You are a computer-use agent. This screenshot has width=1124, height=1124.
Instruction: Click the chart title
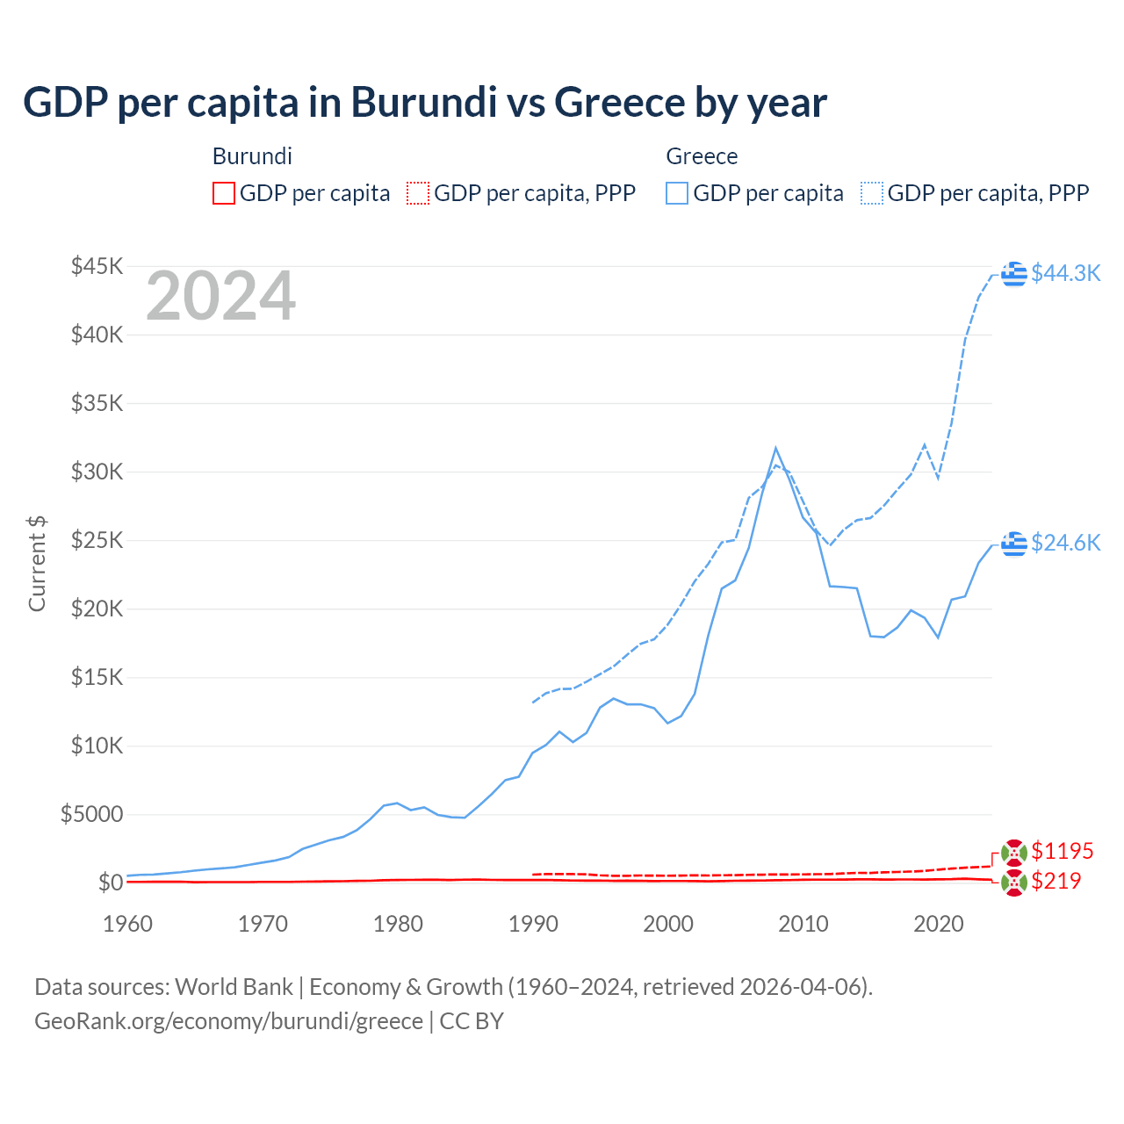point(424,103)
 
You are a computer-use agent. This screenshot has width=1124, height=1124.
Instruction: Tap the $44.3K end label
point(1065,273)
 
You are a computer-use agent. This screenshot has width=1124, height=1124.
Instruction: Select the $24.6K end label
point(1065,543)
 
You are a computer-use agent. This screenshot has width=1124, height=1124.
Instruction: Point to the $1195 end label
point(1062,851)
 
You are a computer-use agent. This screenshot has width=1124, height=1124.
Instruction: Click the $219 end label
point(1056,881)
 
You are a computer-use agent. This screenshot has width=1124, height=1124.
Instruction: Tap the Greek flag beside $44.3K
point(1014,274)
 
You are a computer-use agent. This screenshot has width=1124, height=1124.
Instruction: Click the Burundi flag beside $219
point(1014,883)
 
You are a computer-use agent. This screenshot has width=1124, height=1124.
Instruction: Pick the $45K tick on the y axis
point(97,266)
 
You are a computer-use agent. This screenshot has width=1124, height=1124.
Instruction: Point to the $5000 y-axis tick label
point(91,814)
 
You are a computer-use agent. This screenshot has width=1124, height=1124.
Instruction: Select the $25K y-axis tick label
point(97,540)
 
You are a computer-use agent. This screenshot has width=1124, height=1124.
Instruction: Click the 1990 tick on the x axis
point(533,924)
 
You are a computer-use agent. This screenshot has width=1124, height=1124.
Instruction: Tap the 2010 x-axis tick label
point(803,924)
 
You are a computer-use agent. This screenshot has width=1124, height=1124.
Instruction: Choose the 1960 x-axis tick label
point(128,924)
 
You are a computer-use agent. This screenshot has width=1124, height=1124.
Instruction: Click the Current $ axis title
point(37,564)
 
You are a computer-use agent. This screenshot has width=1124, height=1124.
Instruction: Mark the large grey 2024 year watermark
point(220,297)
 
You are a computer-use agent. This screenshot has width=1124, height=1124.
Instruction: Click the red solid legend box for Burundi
point(224,193)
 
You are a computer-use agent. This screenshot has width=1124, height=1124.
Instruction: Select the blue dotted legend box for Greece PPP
point(872,193)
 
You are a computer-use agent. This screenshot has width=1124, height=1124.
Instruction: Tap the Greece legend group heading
point(702,156)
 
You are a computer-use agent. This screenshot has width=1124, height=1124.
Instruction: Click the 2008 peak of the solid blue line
point(775,449)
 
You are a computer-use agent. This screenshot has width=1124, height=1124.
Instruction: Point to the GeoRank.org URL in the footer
point(228,1021)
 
